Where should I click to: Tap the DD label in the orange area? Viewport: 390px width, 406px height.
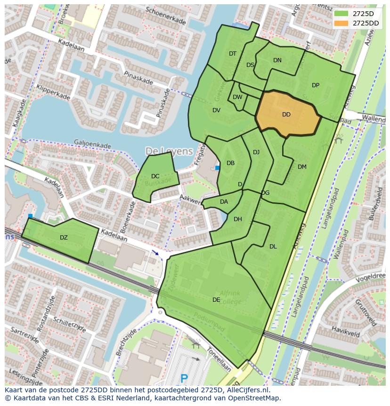click(286, 115)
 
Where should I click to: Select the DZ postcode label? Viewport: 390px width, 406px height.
click(64, 238)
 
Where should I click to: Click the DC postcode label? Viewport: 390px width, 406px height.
click(155, 176)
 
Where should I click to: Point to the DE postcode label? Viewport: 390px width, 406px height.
click(216, 299)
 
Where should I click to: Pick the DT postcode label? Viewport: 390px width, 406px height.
click(233, 54)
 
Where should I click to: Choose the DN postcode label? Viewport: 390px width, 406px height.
click(277, 60)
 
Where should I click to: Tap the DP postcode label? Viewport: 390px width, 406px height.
click(316, 85)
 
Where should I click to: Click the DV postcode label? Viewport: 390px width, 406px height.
click(216, 110)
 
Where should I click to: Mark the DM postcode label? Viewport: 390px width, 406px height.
click(302, 166)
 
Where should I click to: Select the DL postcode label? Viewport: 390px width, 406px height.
click(273, 246)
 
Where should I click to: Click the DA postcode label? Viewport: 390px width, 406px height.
click(224, 202)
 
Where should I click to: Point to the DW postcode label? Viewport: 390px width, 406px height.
click(237, 97)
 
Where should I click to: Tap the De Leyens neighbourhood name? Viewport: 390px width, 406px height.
click(169, 151)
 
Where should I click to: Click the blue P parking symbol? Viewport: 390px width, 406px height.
click(184, 378)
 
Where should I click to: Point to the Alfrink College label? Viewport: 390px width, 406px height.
click(230, 298)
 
